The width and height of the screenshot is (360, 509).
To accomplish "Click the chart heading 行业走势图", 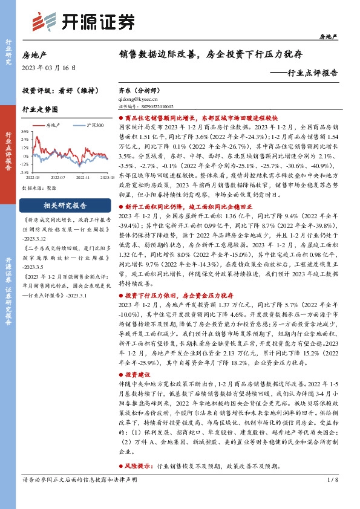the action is tap(39, 111).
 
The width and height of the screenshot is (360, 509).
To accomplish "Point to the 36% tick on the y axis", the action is tap(26, 131).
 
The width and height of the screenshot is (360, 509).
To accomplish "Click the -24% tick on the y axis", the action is tap(25, 171).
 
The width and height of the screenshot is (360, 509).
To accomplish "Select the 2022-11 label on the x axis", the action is tap(82, 178).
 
